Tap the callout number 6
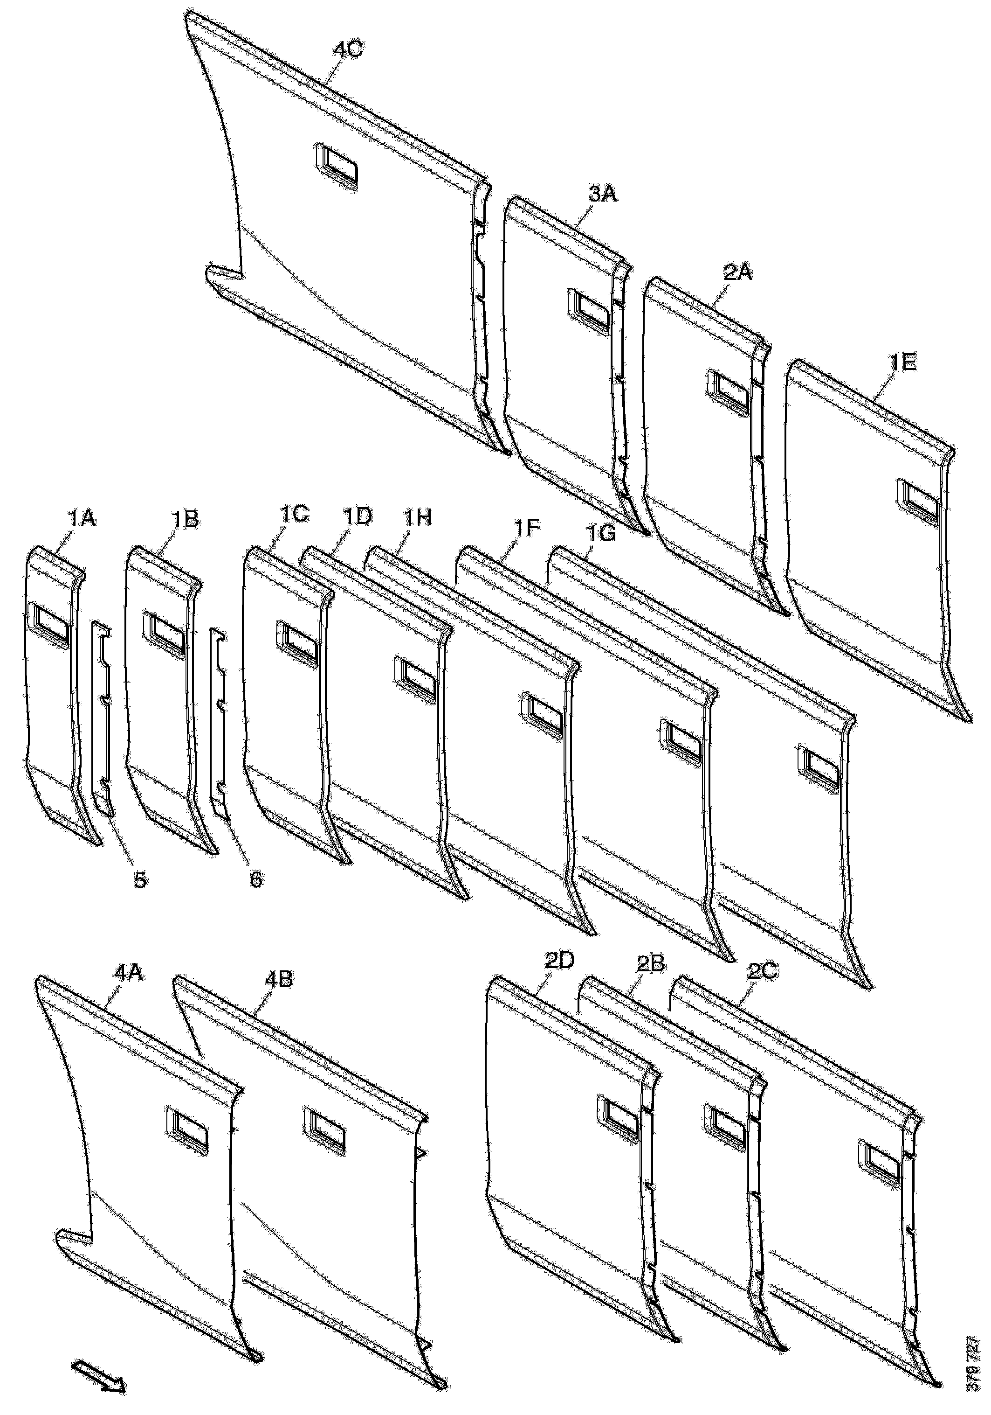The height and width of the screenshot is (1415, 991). (x=255, y=879)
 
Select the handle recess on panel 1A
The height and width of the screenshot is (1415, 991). (x=48, y=626)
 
